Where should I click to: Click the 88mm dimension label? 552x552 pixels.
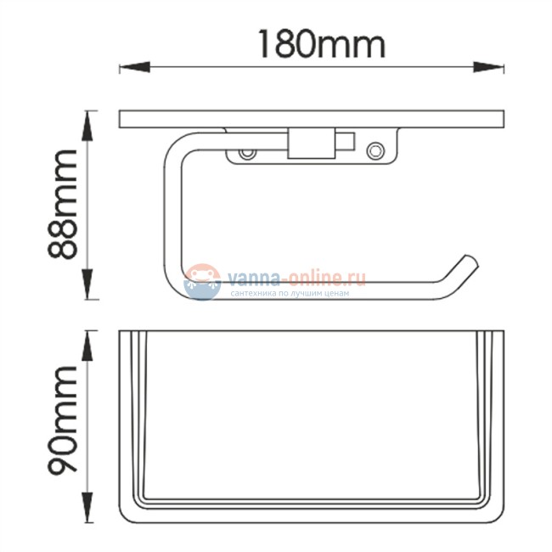[x=62, y=205]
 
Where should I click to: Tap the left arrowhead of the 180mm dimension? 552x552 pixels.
[x=135, y=67]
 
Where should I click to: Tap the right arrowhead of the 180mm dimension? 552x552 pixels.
[x=488, y=67]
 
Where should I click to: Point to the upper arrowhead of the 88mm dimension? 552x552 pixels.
[x=87, y=126]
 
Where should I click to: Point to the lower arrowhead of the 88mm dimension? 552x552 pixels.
[x=87, y=284]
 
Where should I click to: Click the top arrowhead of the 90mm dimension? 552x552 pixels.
[x=87, y=346]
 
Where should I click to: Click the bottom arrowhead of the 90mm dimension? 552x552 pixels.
[x=87, y=507]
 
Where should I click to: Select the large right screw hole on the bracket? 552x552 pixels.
[x=375, y=151]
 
